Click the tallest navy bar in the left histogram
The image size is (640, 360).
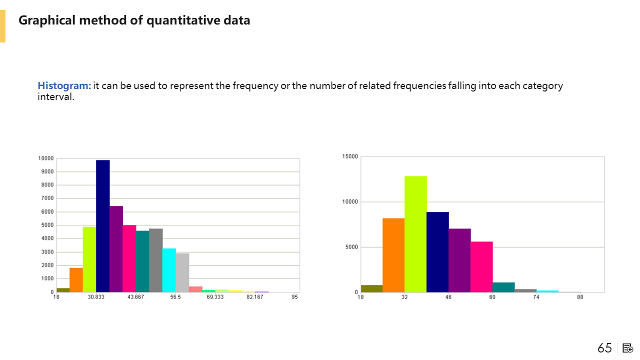pyautogui.click(x=102, y=226)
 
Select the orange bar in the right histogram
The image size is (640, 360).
pyautogui.click(x=393, y=255)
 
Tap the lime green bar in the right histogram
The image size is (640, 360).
pyautogui.click(x=415, y=234)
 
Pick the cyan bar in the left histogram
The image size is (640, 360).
pyautogui.click(x=169, y=270)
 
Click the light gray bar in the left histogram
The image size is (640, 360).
pyautogui.click(x=182, y=272)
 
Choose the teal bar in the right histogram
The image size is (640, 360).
pyautogui.click(x=503, y=287)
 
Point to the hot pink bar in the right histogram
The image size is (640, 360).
pyautogui.click(x=481, y=266)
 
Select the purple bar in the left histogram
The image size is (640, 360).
pyautogui.click(x=116, y=249)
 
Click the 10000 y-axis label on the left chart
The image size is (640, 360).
pyautogui.click(x=45, y=158)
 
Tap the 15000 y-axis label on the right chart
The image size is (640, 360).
pyautogui.click(x=350, y=156)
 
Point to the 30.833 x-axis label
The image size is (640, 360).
pyautogui.click(x=96, y=297)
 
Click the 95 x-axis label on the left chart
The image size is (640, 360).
pyautogui.click(x=295, y=297)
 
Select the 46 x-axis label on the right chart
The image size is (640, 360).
pyautogui.click(x=448, y=297)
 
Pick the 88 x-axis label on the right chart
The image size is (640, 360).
pyautogui.click(x=580, y=297)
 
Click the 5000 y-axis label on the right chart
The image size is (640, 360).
pyautogui.click(x=351, y=247)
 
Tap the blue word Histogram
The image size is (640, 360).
pyautogui.click(x=64, y=85)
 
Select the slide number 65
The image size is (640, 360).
pyautogui.click(x=604, y=348)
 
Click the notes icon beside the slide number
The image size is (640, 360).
pyautogui.click(x=628, y=348)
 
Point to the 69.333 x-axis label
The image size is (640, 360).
pyautogui.click(x=215, y=297)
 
